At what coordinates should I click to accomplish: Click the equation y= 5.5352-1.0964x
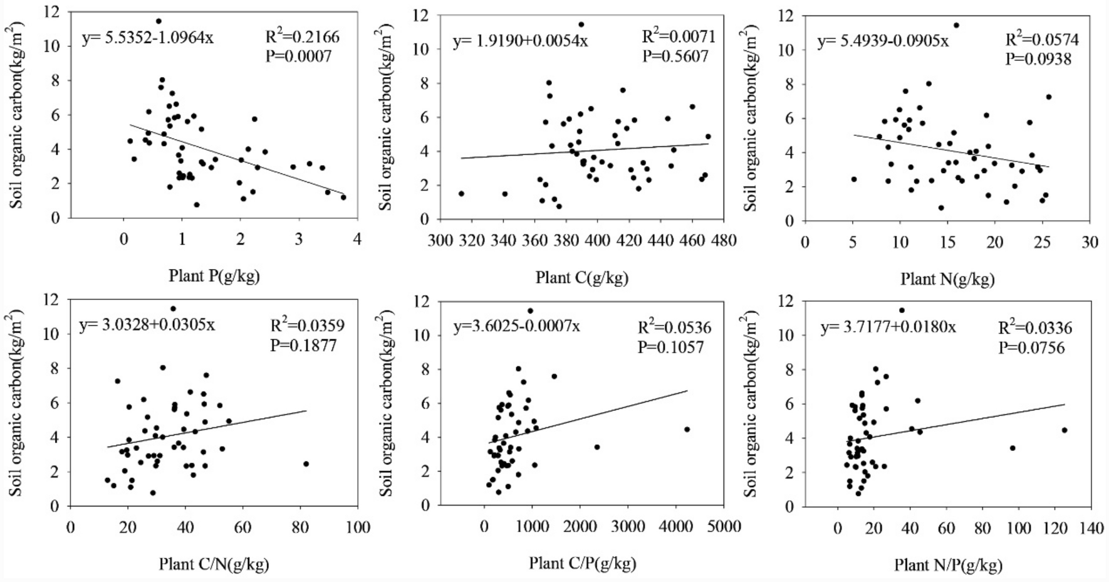coord(147,38)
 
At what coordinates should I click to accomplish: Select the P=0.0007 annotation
coord(299,56)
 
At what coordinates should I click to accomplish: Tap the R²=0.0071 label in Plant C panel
coord(679,36)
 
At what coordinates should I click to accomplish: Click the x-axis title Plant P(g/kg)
coord(214,275)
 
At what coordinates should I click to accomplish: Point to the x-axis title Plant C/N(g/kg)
coord(214,564)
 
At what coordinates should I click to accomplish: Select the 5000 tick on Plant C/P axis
coord(724,526)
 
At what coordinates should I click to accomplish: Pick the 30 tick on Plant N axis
coord(1090,242)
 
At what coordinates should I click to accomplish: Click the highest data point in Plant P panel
coord(159,21)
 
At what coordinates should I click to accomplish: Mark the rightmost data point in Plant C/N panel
coord(306,463)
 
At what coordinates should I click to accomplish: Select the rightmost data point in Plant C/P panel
coord(687,429)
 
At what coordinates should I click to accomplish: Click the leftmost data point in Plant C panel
coord(461,193)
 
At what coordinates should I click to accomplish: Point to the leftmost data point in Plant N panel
coord(853,179)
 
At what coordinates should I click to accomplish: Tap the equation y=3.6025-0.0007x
coord(517,327)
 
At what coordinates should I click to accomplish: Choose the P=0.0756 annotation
coord(1031,347)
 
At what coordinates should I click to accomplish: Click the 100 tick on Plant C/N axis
coord(358,527)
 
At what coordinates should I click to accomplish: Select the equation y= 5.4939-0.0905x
coord(882,41)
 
